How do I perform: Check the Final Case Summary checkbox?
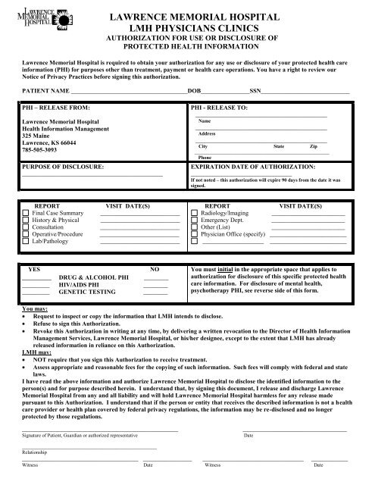click(x=27, y=214)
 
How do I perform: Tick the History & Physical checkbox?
click(x=27, y=224)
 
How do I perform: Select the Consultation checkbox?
click(x=27, y=233)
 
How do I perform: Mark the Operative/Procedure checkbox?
click(x=27, y=242)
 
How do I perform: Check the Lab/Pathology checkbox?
click(x=27, y=250)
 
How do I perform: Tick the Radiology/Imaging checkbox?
click(x=195, y=214)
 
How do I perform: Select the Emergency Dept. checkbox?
click(x=195, y=224)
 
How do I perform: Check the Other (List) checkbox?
click(x=195, y=233)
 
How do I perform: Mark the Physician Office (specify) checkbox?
click(x=195, y=242)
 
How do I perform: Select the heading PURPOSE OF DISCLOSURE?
click(x=63, y=164)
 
